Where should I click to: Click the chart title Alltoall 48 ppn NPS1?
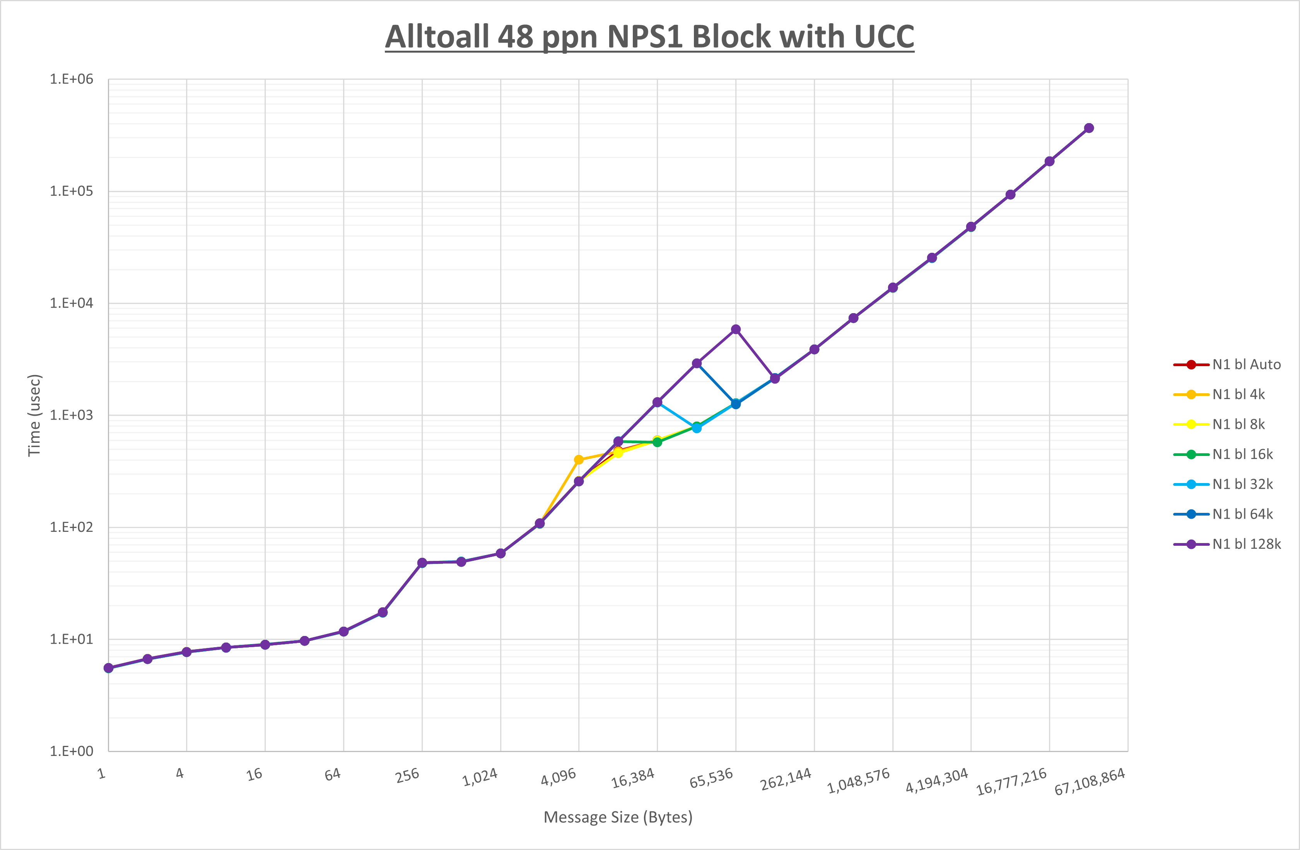tap(649, 37)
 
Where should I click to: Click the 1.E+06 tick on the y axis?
tap(72, 79)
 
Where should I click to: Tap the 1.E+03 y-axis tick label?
tap(72, 415)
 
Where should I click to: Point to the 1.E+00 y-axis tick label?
tap(72, 751)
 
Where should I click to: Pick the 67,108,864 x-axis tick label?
tap(1089, 781)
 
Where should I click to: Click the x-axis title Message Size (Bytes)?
tap(618, 817)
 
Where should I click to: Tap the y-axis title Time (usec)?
tap(34, 415)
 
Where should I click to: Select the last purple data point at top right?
tap(1088, 128)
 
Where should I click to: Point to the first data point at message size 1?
tap(108, 668)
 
